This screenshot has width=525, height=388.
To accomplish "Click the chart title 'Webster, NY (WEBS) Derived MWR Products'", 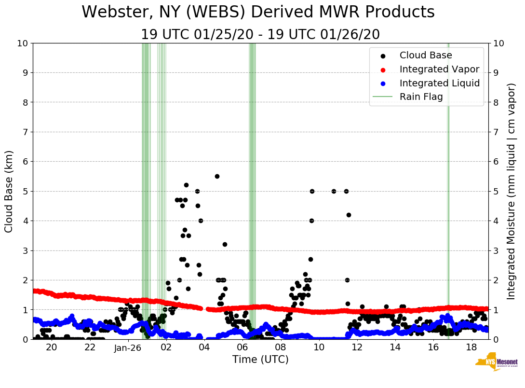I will click(x=258, y=12).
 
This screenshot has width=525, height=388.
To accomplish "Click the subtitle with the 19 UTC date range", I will click(x=260, y=35).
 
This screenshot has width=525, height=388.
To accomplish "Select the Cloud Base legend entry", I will click(x=426, y=55).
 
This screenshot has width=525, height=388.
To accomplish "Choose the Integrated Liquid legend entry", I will click(x=439, y=83).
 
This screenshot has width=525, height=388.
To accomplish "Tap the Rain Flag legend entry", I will click(x=421, y=97).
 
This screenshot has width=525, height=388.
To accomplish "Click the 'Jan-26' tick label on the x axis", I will click(x=128, y=348).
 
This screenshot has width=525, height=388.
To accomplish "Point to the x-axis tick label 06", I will click(x=242, y=347).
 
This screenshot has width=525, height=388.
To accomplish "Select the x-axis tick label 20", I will click(x=52, y=347).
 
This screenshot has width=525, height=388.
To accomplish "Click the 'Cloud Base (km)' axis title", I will click(x=10, y=191).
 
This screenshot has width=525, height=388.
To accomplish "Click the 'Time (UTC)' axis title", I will click(x=260, y=360).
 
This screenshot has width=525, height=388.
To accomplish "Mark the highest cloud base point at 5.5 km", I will click(x=217, y=176).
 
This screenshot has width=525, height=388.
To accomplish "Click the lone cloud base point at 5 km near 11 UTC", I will click(x=334, y=191).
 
